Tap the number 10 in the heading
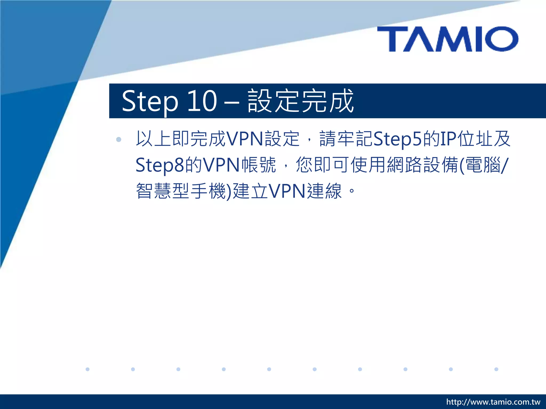[202, 101]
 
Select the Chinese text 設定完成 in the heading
[300, 101]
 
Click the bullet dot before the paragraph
[119, 139]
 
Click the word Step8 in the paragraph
[160, 165]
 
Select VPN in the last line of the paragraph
[287, 191]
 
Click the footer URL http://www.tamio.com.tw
[493, 402]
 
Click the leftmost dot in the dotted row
[87, 369]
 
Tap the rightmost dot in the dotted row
[496, 369]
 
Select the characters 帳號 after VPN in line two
[259, 165]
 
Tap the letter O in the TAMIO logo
[501, 39]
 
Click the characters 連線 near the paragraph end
[324, 191]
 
